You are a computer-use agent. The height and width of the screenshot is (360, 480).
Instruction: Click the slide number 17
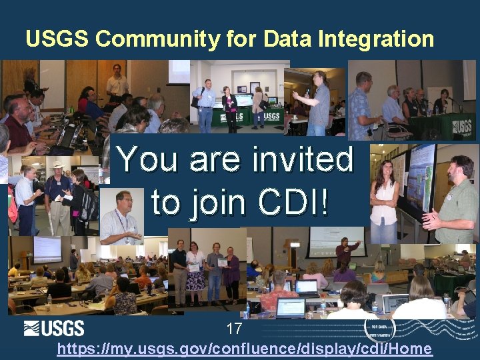(234, 329)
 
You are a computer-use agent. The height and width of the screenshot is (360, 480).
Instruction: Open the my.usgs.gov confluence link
(244, 349)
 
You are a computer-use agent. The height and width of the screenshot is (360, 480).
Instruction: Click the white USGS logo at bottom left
(54, 328)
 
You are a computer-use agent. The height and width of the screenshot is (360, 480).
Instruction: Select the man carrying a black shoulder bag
(205, 103)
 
